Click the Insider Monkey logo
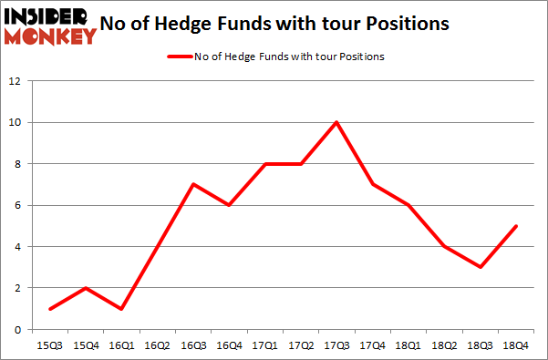pos(49,26)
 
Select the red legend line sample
pos(178,57)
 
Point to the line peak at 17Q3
pos(336,122)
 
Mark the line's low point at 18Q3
pos(479,267)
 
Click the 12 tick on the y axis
pos(16,81)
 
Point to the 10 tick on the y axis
pos(16,122)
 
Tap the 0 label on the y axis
pos(18,329)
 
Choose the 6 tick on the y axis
pos(18,205)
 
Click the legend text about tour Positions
pos(289,57)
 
